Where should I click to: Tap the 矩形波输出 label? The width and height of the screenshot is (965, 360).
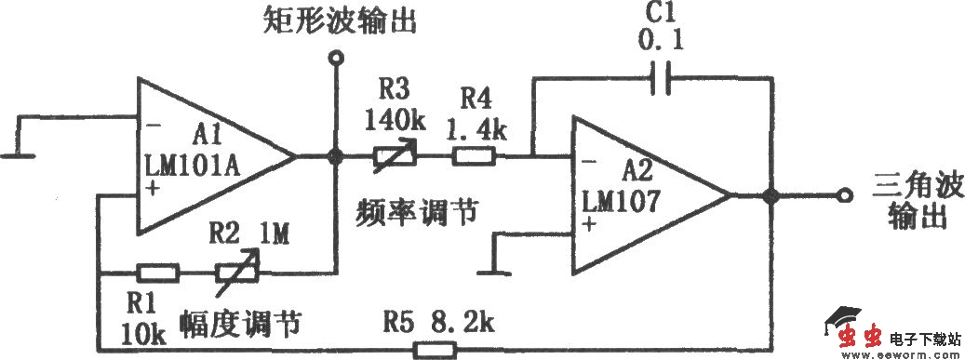tap(335, 20)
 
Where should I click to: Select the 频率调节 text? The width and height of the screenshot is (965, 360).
tap(416, 212)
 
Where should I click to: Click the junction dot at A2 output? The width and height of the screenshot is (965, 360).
tap(771, 196)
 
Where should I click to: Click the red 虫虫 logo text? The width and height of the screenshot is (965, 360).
tap(855, 339)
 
